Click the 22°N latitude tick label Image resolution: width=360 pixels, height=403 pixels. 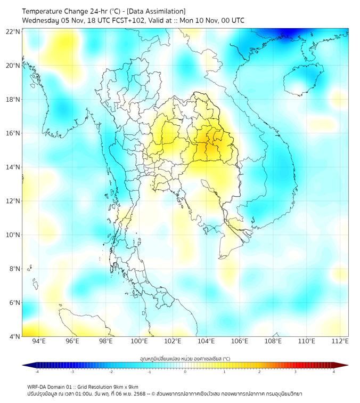click(13, 32)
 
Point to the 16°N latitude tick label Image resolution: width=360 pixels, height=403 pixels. click(13, 133)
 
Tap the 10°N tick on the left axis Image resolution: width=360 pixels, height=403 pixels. click(13, 235)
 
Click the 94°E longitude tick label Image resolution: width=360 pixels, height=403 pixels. click(39, 341)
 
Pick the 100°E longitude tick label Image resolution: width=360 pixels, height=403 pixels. click(139, 341)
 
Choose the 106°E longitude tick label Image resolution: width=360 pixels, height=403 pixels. click(240, 341)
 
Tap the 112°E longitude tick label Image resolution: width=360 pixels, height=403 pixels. click(340, 341)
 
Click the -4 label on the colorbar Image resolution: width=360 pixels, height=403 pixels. click(37, 372)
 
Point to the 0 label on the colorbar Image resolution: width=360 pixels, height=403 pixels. click(185, 372)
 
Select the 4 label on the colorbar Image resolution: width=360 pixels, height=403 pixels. click(334, 372)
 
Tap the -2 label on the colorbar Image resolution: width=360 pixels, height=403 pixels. click(111, 372)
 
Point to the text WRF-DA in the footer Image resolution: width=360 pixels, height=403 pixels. click(37, 386)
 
